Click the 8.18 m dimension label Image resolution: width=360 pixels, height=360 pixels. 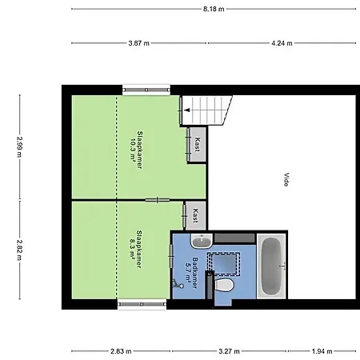tap(214, 9)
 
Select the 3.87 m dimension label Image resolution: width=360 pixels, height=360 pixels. tap(138, 43)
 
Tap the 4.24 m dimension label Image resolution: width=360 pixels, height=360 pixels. tap(282, 43)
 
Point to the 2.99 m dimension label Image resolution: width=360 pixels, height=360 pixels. tap(20, 147)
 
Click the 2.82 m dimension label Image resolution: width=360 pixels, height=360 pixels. tap(20, 250)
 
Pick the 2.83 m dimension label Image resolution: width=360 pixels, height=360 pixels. tap(121, 351)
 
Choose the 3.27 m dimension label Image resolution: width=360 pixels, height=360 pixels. tap(229, 351)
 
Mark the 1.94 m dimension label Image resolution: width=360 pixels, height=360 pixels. tap(322, 351)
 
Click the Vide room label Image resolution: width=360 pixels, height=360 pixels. tap(286, 180)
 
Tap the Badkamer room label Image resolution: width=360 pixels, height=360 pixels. tap(195, 273)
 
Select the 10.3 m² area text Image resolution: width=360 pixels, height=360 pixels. tap(133, 150)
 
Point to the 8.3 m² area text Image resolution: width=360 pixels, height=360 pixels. tap(132, 249)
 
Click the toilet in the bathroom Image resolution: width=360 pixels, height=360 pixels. tap(224, 285)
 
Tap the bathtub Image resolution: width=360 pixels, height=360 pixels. tap(272, 266)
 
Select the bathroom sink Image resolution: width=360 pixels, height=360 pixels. tap(202, 241)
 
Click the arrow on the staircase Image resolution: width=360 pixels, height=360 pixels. tap(187, 110)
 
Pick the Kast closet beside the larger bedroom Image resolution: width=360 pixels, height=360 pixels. tap(198, 144)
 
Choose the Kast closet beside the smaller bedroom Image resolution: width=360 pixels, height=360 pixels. tap(195, 215)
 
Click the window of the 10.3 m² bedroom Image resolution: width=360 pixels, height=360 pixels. tap(146, 90)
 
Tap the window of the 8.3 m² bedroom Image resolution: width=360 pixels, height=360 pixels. tap(142, 304)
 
